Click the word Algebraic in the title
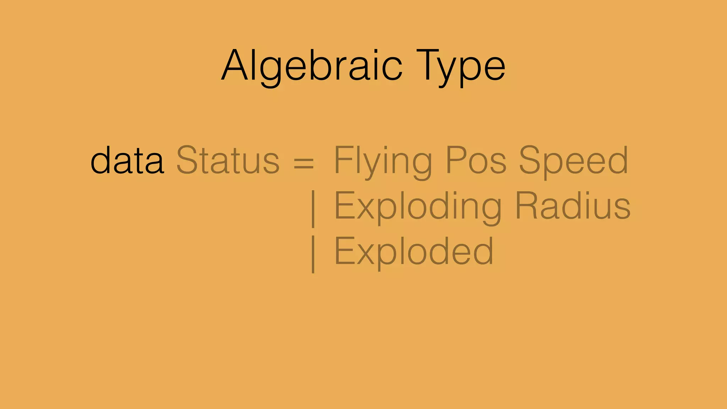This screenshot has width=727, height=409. (312, 66)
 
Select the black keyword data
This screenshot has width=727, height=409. (127, 161)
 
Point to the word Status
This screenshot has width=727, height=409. (228, 161)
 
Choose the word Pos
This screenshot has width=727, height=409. (476, 161)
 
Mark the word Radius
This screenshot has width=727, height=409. (573, 206)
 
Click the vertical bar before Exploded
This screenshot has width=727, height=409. (313, 254)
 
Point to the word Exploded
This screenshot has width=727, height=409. (414, 252)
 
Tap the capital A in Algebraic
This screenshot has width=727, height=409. (235, 66)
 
